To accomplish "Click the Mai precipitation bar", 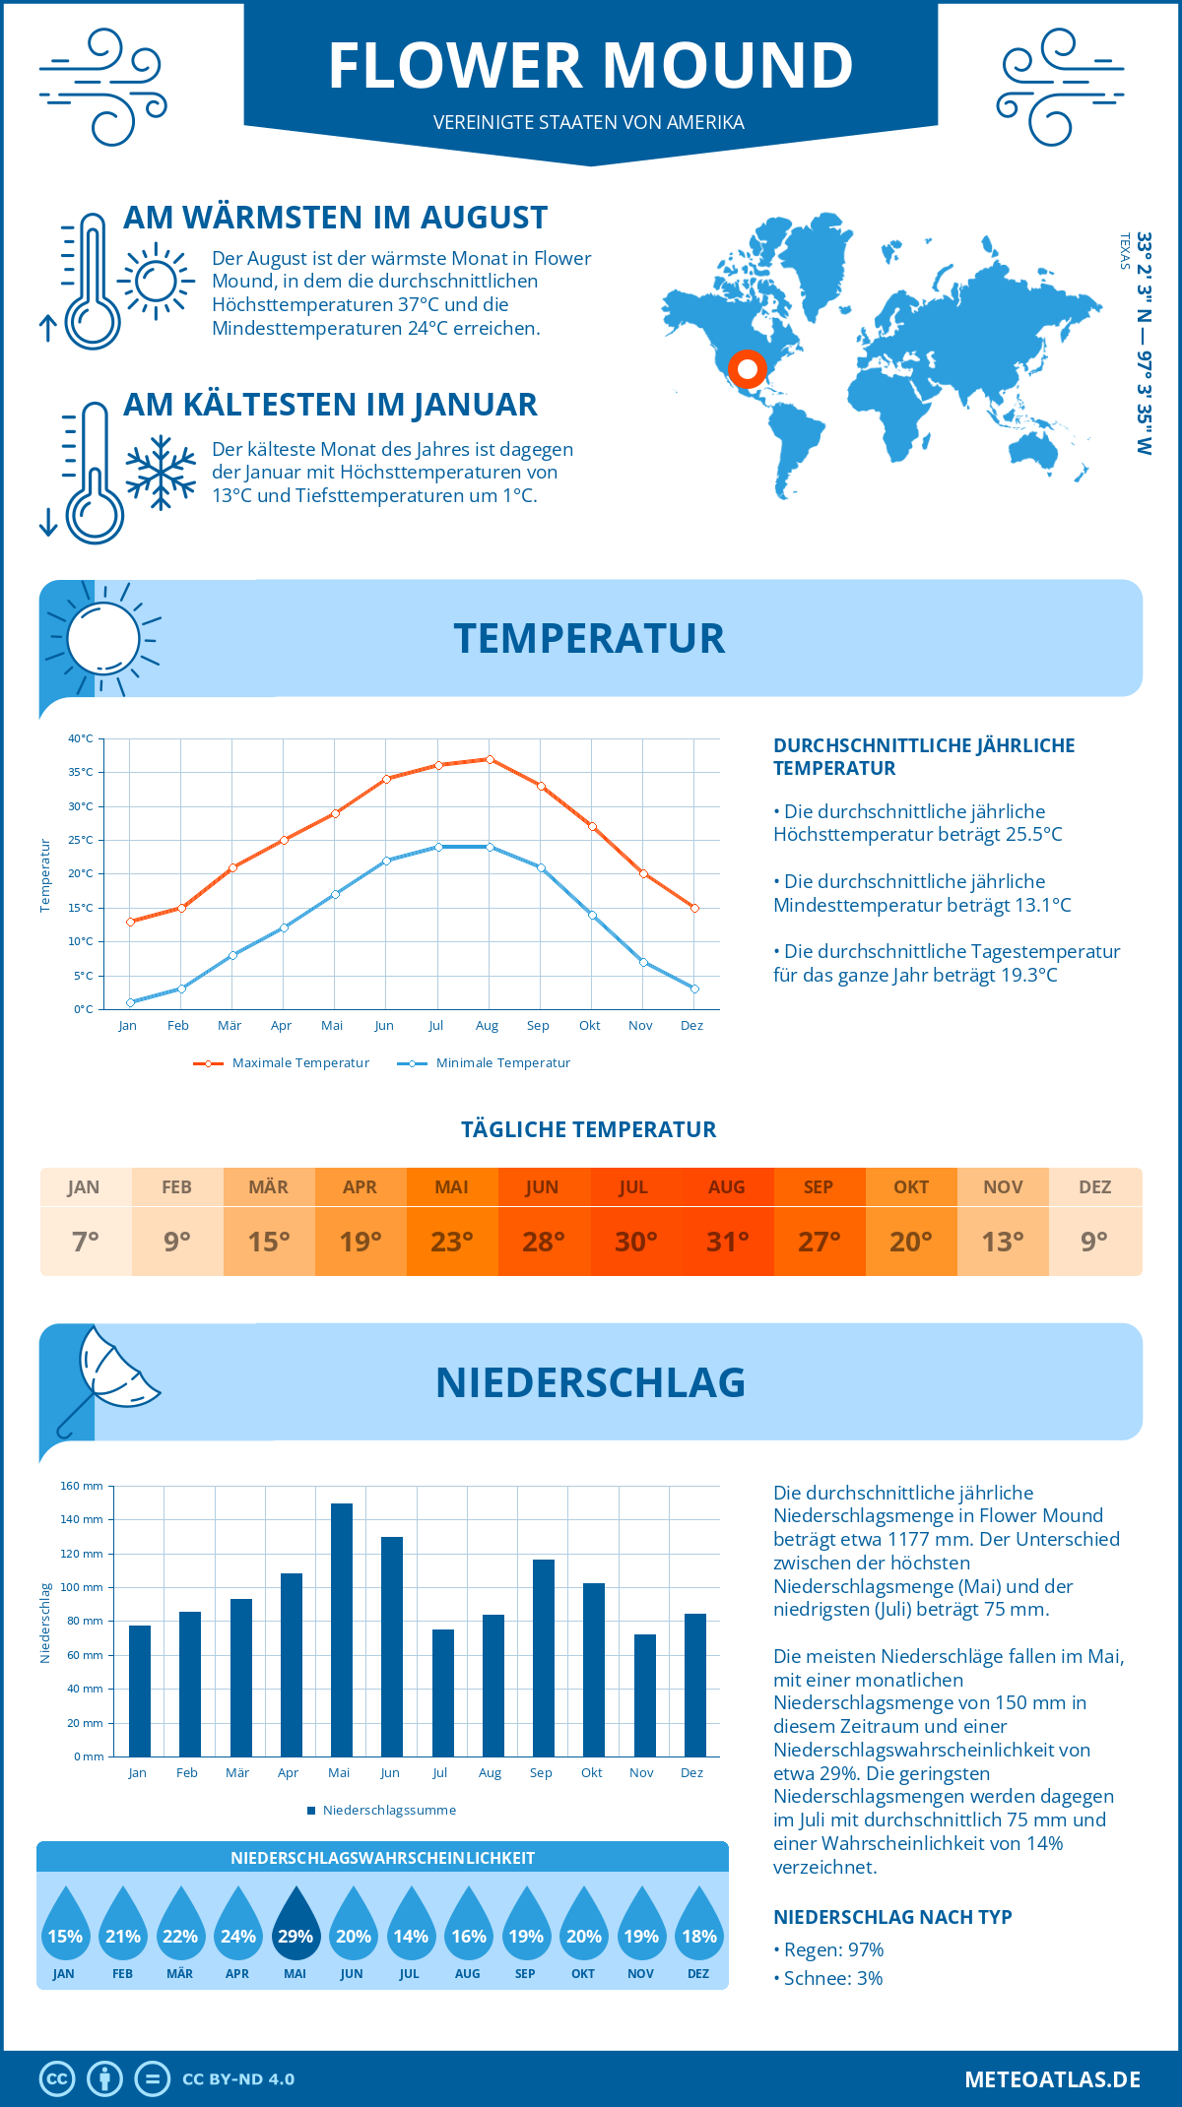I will pyautogui.click(x=341, y=1629).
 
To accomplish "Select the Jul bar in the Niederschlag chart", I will pyautogui.click(x=443, y=1692).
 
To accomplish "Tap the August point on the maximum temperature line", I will pyautogui.click(x=490, y=759).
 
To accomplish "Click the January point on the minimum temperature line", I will pyautogui.click(x=130, y=1002).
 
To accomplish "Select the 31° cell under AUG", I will pyautogui.click(x=728, y=1242).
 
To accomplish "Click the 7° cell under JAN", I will pyautogui.click(x=86, y=1242).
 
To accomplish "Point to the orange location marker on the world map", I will pyautogui.click(x=748, y=369).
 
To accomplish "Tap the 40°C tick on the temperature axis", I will pyautogui.click(x=81, y=738).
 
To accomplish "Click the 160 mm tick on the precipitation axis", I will pyautogui.click(x=83, y=1486).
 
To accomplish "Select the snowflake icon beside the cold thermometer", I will pyautogui.click(x=161, y=472).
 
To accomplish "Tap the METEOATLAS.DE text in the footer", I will pyautogui.click(x=1052, y=2079).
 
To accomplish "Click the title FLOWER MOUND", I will pyautogui.click(x=590, y=66).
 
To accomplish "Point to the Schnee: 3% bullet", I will pyautogui.click(x=828, y=1978).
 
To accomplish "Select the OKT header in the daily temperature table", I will pyautogui.click(x=911, y=1187).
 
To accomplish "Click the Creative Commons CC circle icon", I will pyautogui.click(x=57, y=2079).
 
